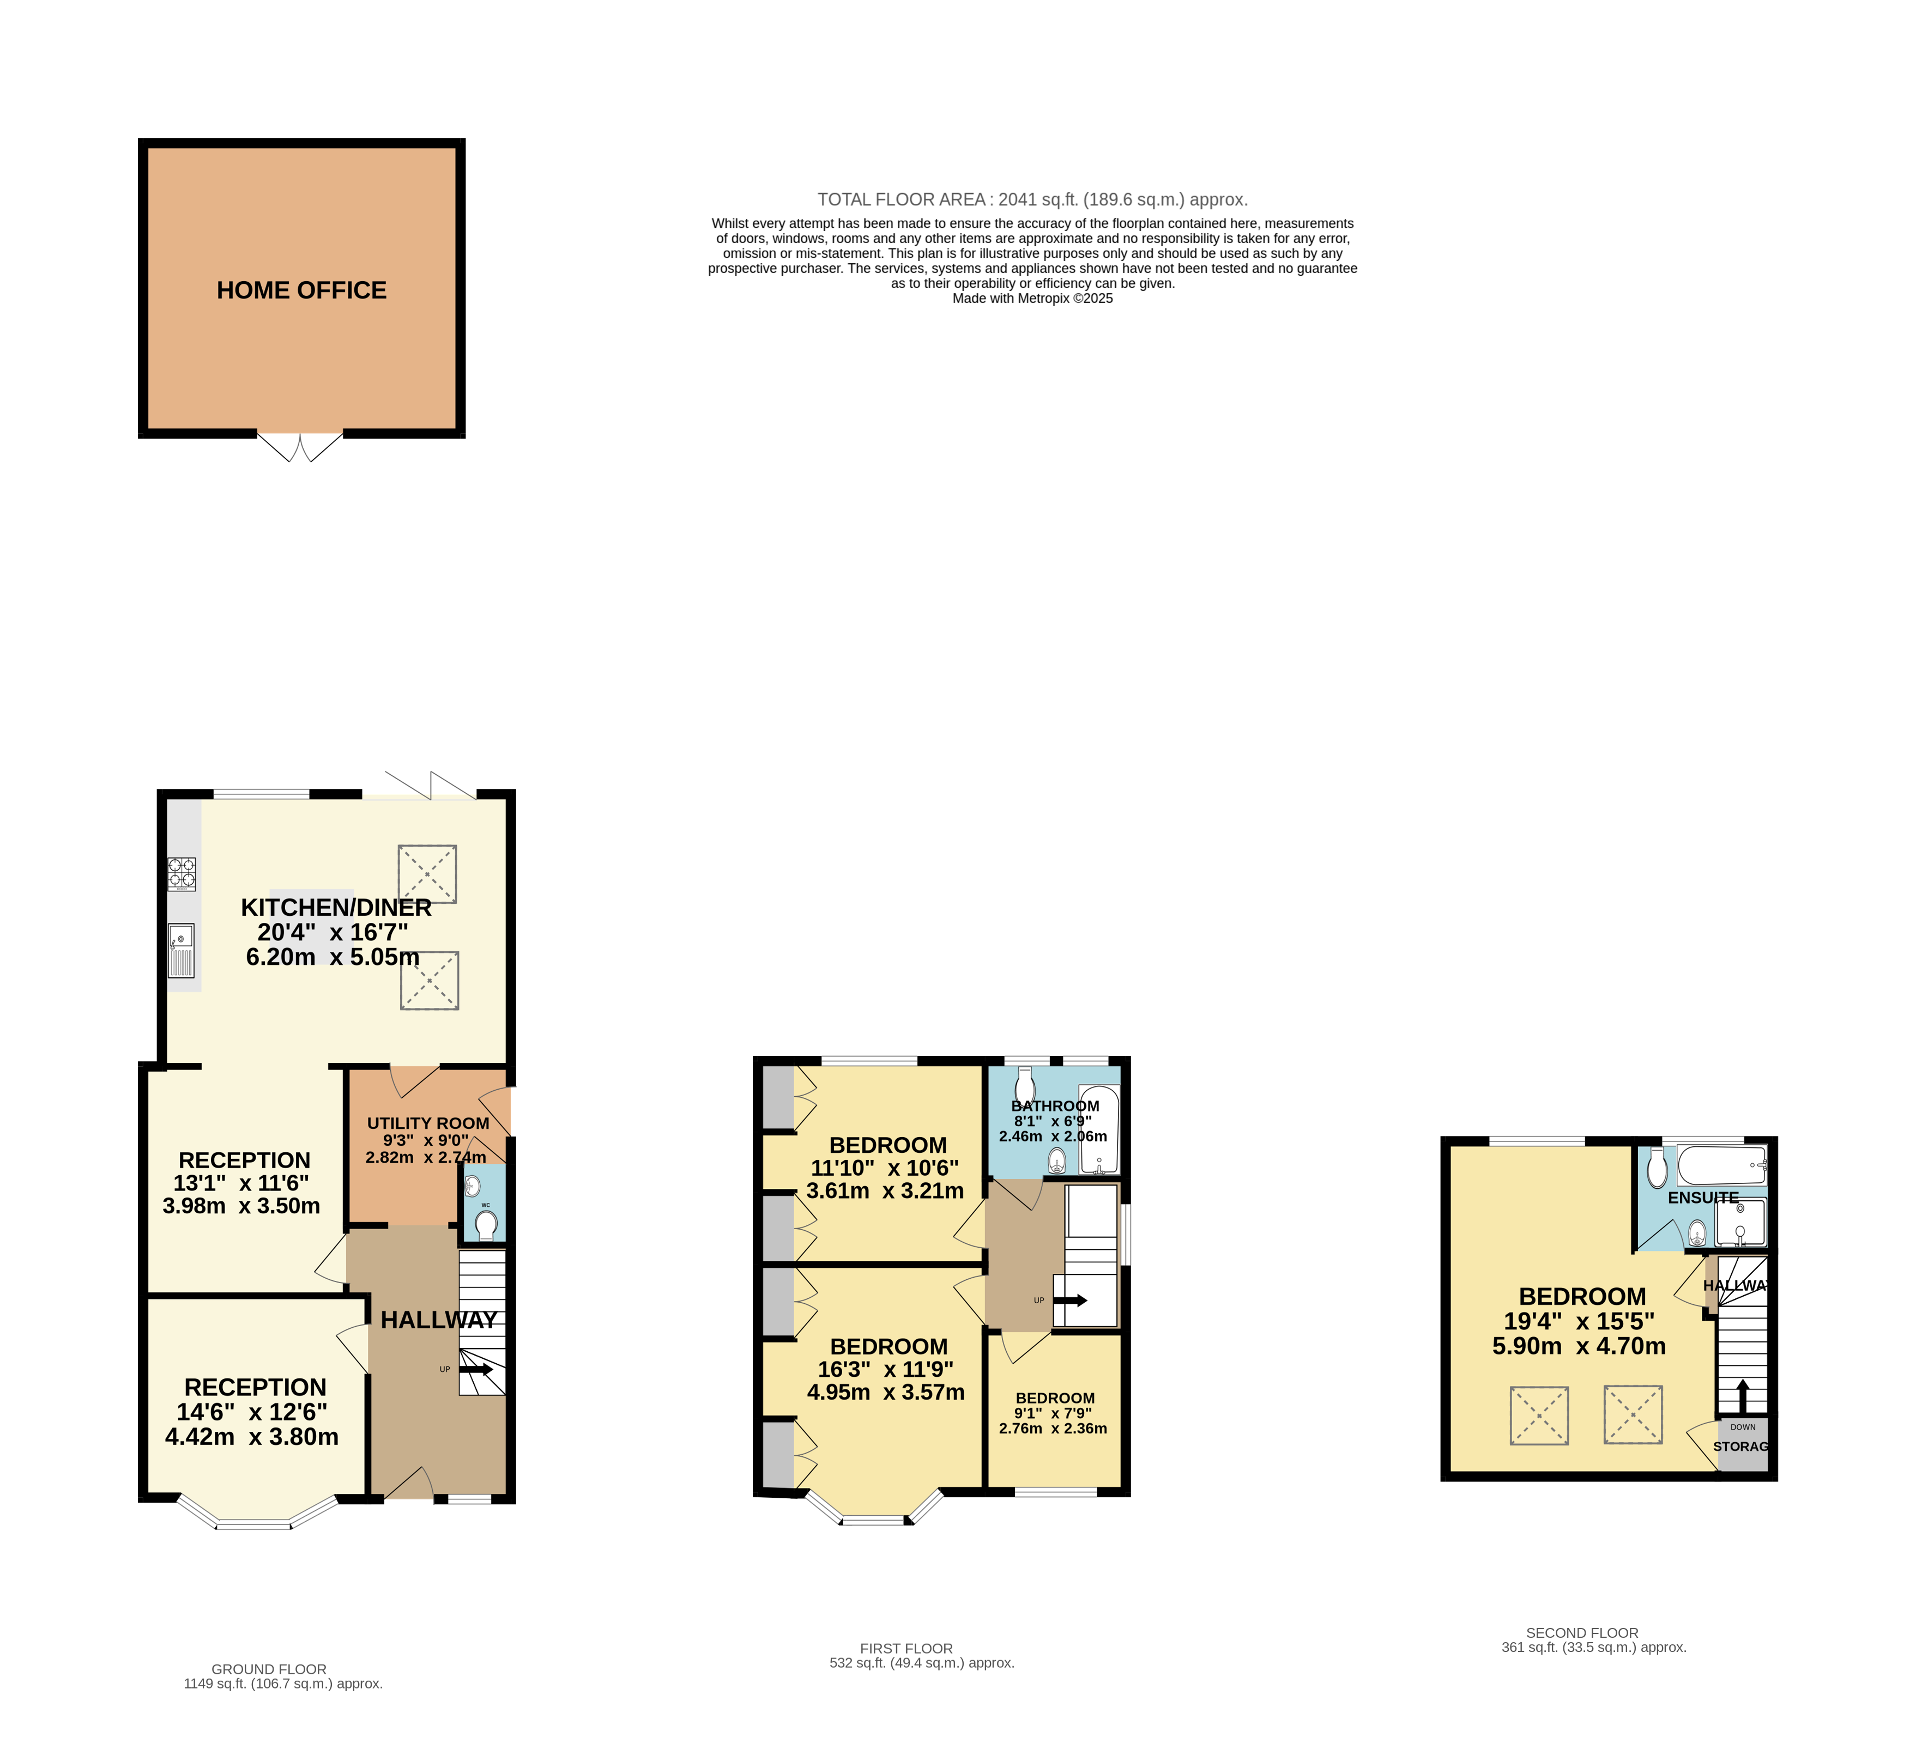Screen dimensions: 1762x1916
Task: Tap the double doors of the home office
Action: (x=299, y=447)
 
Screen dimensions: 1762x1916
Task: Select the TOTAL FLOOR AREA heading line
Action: (x=1032, y=199)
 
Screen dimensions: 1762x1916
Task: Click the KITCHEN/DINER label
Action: (x=336, y=908)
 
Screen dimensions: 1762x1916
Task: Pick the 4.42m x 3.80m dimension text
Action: (x=252, y=1437)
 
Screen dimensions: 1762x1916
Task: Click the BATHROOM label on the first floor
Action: (x=1055, y=1106)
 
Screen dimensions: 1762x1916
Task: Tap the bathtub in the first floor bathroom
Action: (x=1099, y=1130)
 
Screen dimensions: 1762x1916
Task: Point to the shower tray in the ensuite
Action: (x=1740, y=1223)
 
